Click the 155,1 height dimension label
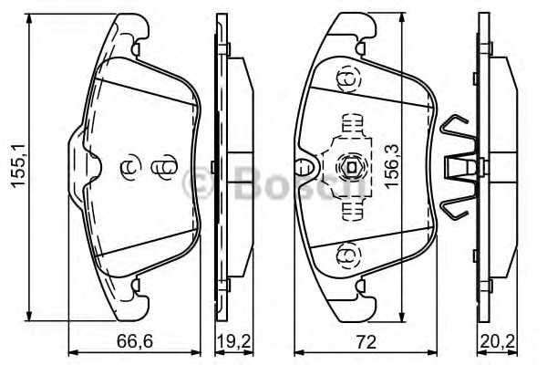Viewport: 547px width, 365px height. (x=18, y=165)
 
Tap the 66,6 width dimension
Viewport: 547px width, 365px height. (x=135, y=341)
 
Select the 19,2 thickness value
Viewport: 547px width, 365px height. (x=233, y=341)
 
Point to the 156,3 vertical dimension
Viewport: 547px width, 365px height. (x=392, y=165)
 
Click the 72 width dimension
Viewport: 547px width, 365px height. (x=366, y=341)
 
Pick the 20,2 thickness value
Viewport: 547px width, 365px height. (x=498, y=341)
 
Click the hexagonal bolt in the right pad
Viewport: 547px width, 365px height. (x=350, y=168)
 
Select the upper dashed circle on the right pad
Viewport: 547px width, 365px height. (x=348, y=79)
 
